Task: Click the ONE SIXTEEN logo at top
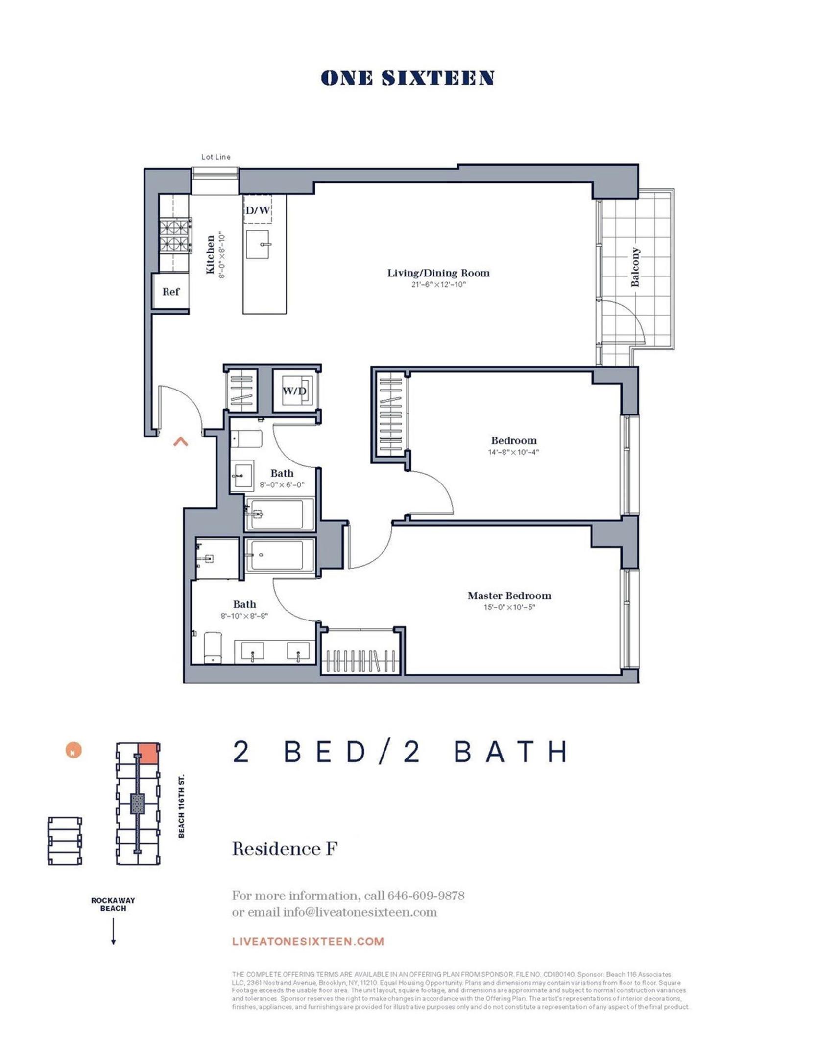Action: (x=408, y=78)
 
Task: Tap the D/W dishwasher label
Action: (x=258, y=211)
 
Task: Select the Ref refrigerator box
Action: (x=171, y=292)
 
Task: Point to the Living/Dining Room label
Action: (x=438, y=273)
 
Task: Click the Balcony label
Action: (x=635, y=267)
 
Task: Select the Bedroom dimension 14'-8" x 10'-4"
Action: (x=513, y=452)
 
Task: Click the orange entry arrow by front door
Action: (x=181, y=442)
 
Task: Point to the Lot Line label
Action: (x=216, y=157)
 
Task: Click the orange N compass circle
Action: (x=73, y=750)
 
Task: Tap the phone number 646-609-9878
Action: (x=426, y=896)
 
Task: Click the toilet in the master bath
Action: (x=213, y=647)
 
